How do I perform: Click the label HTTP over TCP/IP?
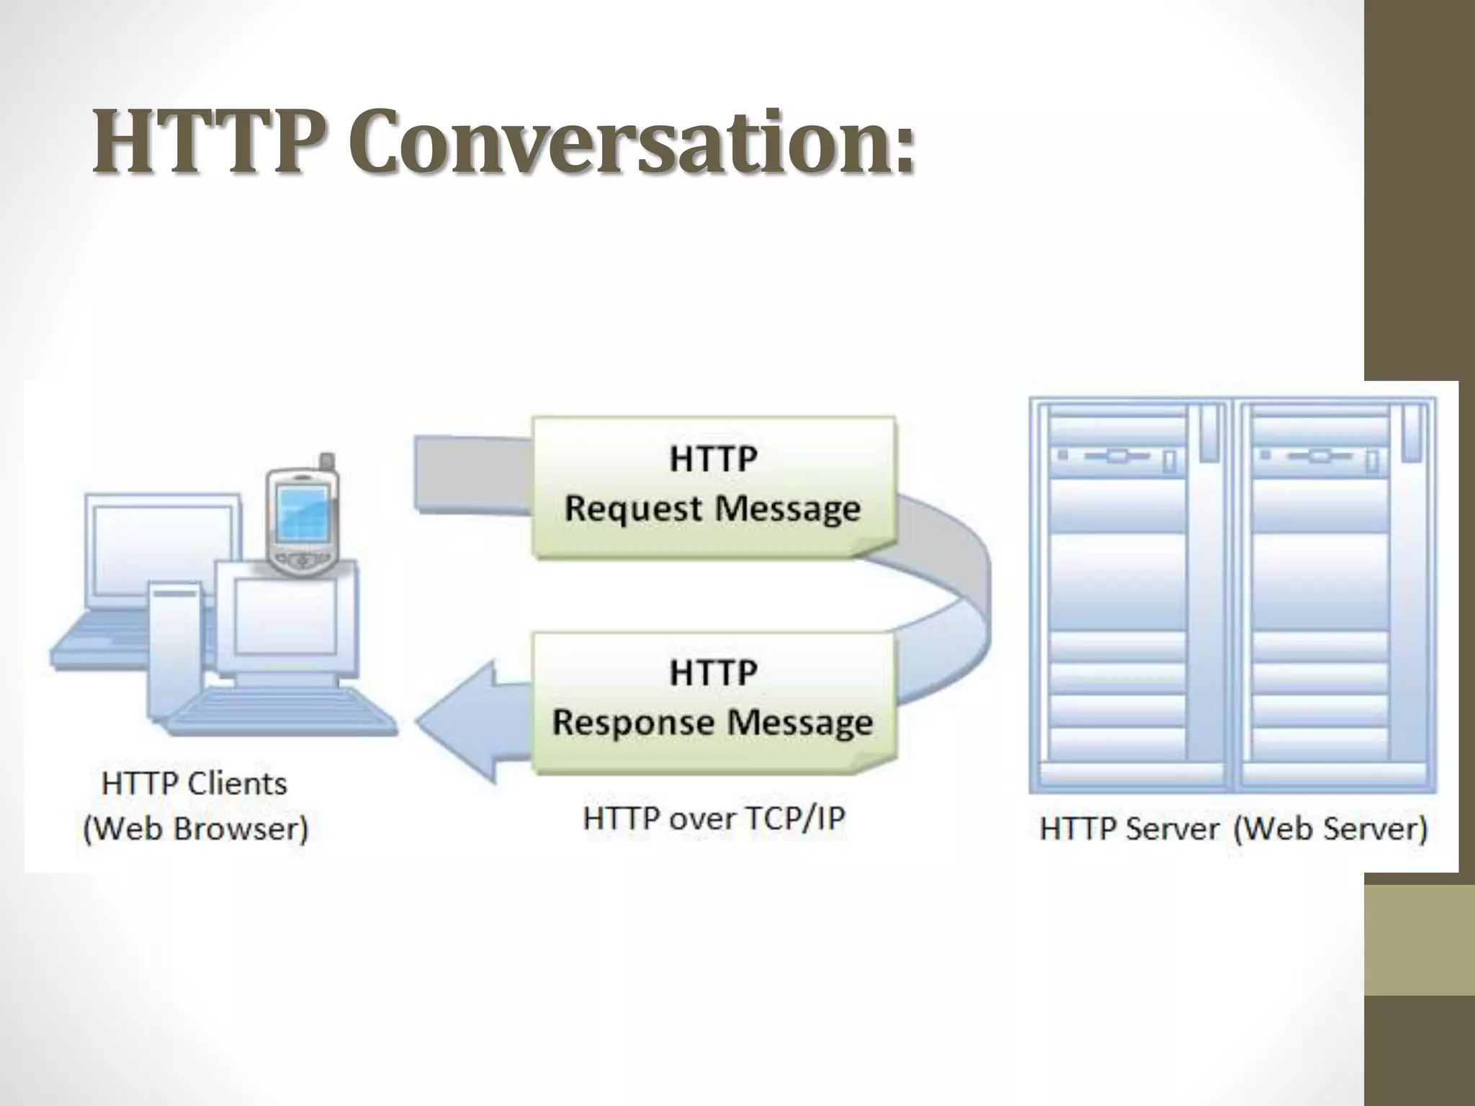[x=713, y=819]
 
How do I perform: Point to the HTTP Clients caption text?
[x=194, y=783]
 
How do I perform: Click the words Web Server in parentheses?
[x=1330, y=829]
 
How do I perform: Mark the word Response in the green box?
[x=631, y=722]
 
